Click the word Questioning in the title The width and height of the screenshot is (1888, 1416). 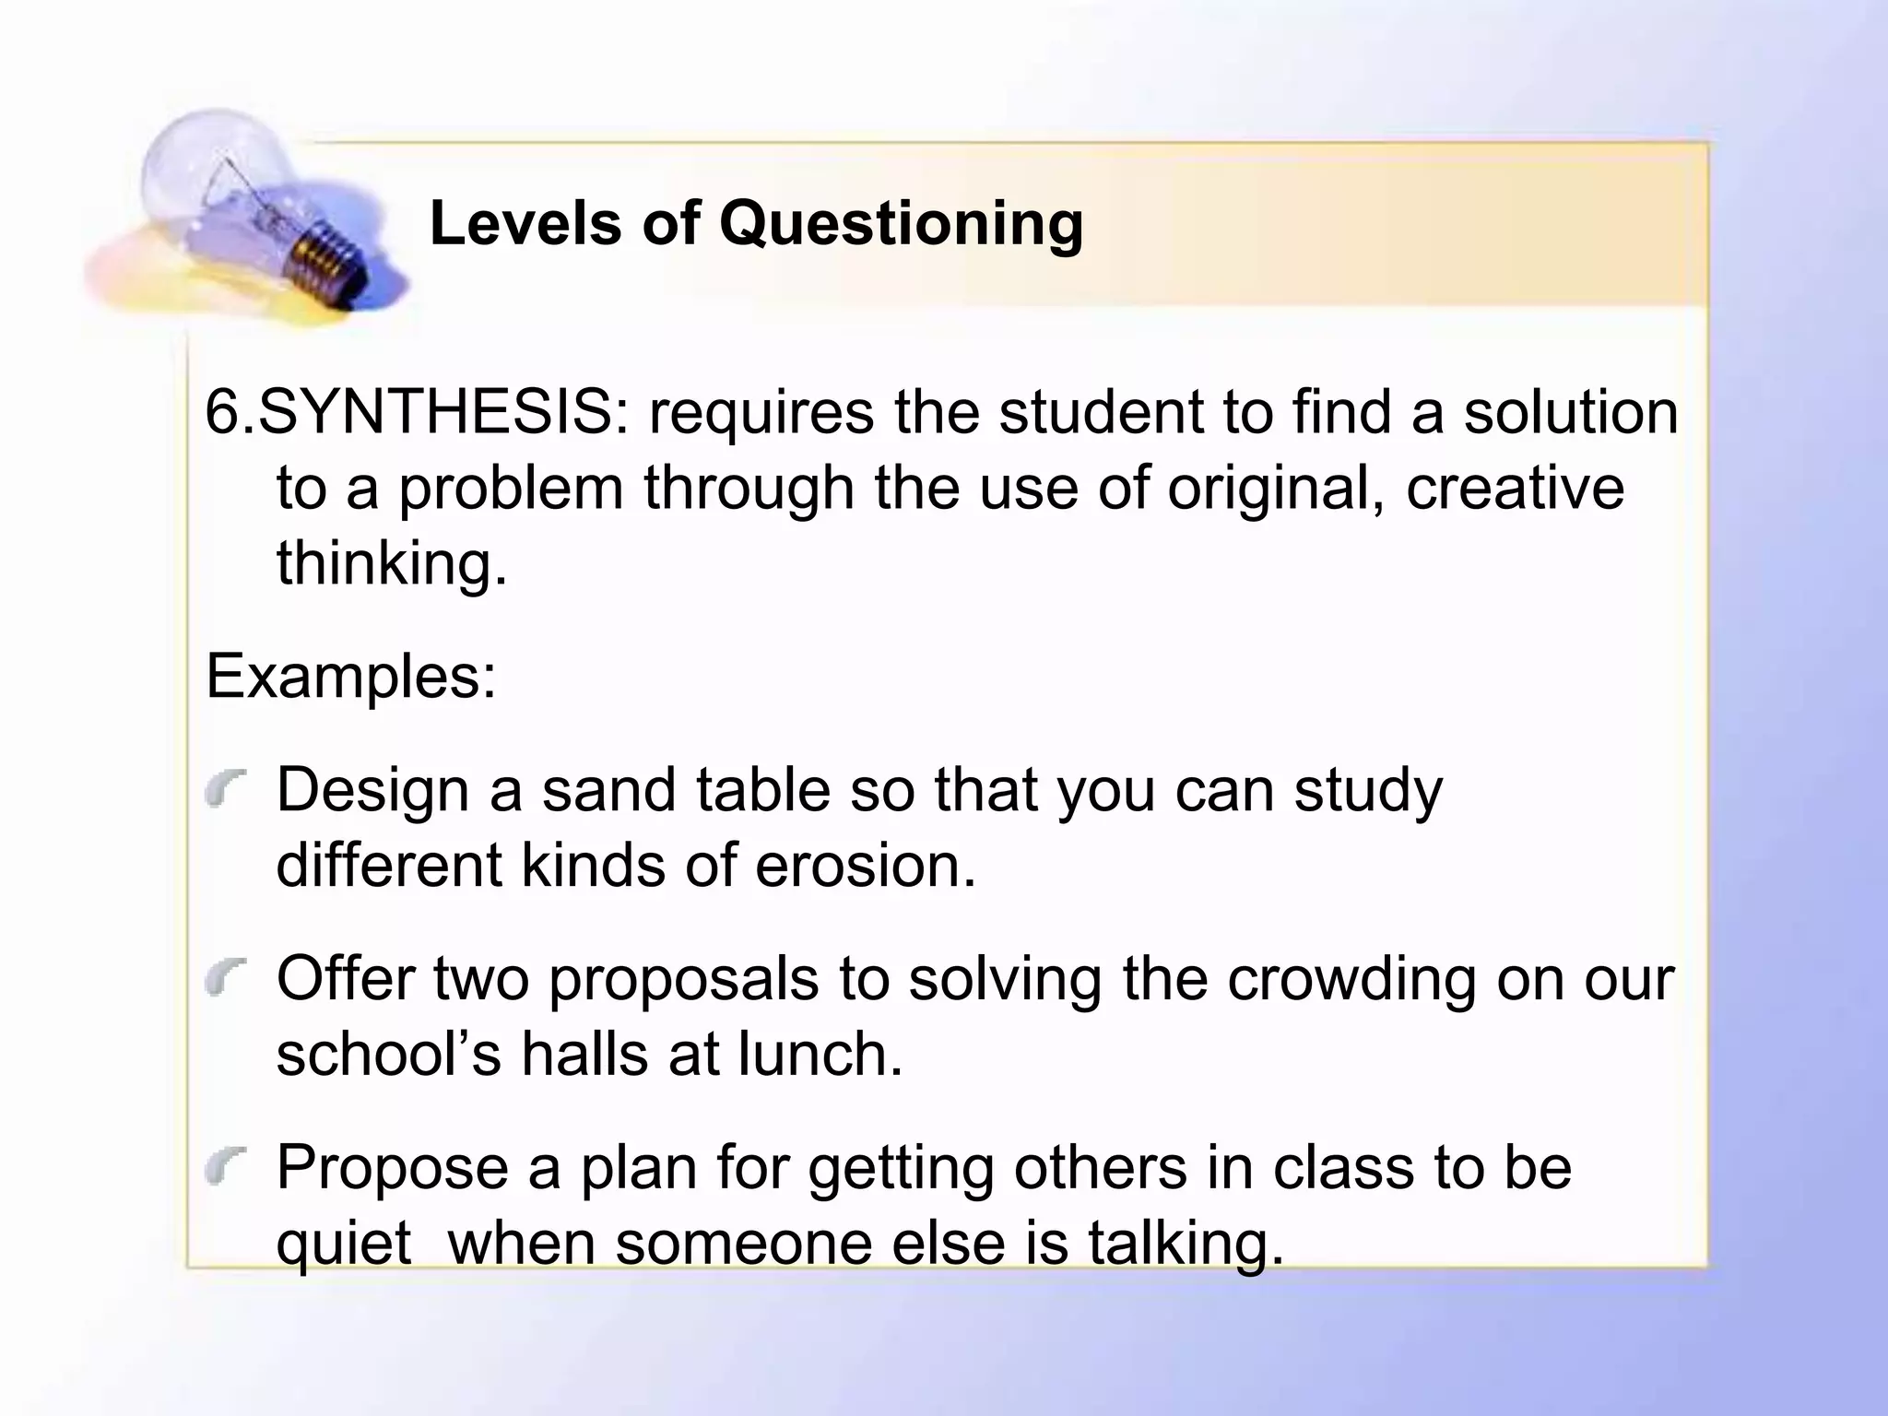[x=901, y=224]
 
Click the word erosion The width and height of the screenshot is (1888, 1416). [x=865, y=867]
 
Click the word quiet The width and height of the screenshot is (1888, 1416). [x=343, y=1244]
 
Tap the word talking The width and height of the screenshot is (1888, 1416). [x=1186, y=1244]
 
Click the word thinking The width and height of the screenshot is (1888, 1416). [x=392, y=563]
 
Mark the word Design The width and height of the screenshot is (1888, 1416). [x=372, y=791]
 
